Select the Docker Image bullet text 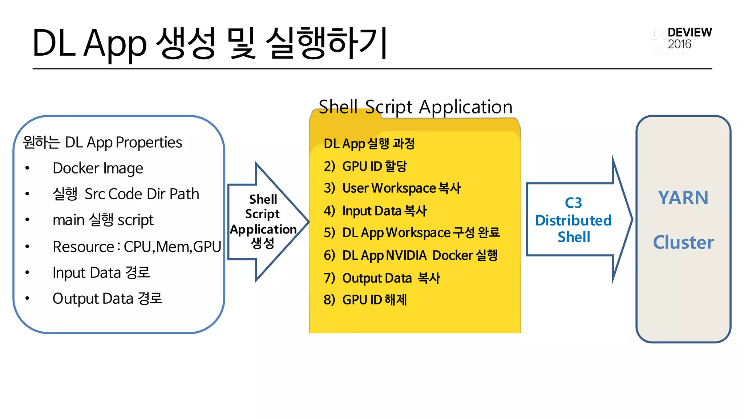point(98,168)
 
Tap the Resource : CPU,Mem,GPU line point(137,247)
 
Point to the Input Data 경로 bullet point(101,272)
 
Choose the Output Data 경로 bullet point(107,299)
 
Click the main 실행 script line point(103,220)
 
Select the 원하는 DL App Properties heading point(102,142)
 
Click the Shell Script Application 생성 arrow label point(263,221)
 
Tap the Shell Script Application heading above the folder point(415,107)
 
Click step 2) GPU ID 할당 point(365,166)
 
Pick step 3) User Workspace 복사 point(392,188)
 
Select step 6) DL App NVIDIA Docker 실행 point(411,255)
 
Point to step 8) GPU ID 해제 point(365,300)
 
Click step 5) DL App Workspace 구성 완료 point(412,233)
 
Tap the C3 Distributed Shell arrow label point(573,220)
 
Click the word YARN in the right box point(683,198)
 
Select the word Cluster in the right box point(683,242)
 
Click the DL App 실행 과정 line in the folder point(369,144)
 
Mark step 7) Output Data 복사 point(382,278)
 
